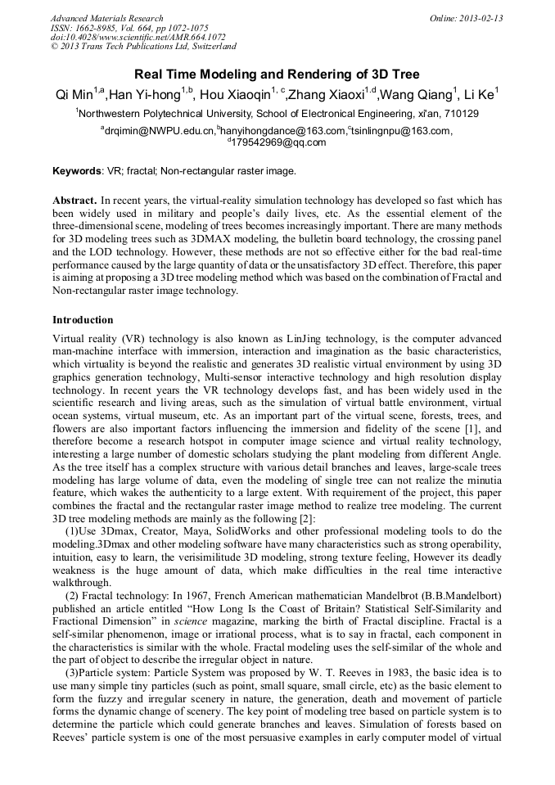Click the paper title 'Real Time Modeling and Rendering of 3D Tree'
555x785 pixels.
point(277,74)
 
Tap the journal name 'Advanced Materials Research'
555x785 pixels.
point(107,18)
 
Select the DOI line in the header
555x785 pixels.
point(138,38)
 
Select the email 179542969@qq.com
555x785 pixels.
point(278,142)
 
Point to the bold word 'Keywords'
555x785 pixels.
point(77,172)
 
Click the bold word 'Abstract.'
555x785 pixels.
point(74,201)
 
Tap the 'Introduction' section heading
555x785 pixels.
point(83,320)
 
